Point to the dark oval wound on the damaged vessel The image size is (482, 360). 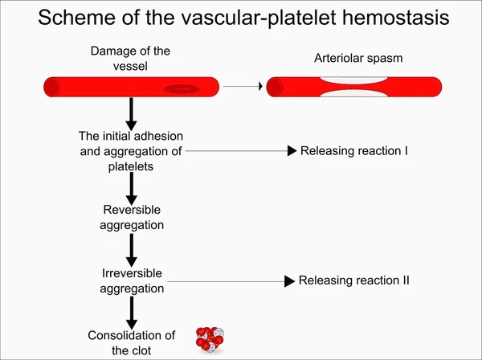coord(182,88)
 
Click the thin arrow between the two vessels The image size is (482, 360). coord(242,86)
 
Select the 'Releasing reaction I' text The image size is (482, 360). coord(354,150)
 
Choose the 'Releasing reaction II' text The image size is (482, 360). coord(354,280)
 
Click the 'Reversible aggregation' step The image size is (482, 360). coord(132,218)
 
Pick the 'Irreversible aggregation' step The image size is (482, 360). coord(133,280)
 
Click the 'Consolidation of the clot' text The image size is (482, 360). coord(131,342)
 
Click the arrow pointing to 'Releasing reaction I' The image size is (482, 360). coord(241,150)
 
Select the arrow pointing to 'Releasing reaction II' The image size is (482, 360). coord(233,281)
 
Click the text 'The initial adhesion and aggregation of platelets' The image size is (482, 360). coord(132,150)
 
